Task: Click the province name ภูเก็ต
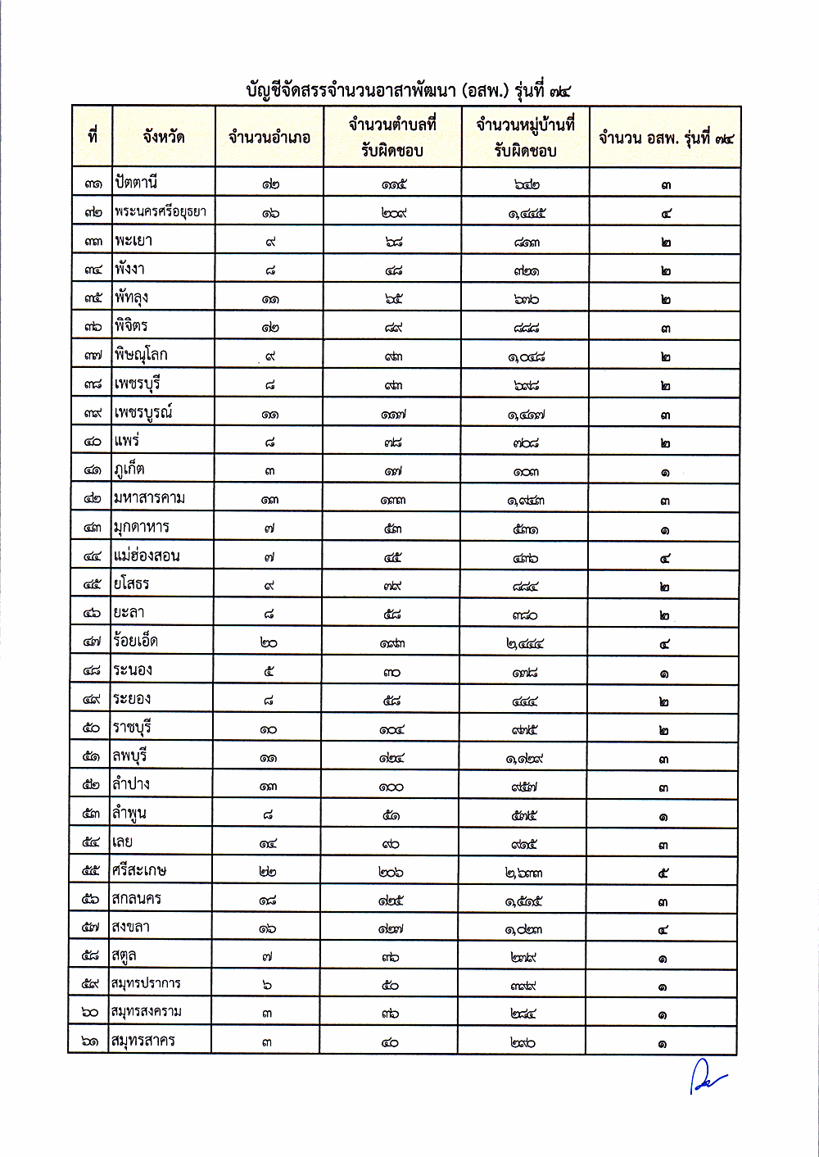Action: pyautogui.click(x=129, y=470)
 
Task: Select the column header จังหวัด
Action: pyautogui.click(x=163, y=137)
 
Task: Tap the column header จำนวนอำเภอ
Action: pyautogui.click(x=269, y=138)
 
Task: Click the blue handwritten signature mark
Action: pyautogui.click(x=706, y=1075)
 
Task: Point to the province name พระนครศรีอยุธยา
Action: pyautogui.click(x=160, y=211)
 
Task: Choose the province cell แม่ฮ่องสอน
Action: pyautogui.click(x=147, y=556)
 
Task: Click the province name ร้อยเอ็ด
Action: pyautogui.click(x=135, y=642)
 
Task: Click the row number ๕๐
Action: pyautogui.click(x=91, y=728)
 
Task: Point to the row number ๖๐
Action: pyautogui.click(x=90, y=1013)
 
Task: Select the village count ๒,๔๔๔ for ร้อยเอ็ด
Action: pyautogui.click(x=525, y=644)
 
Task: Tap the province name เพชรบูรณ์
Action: pyautogui.click(x=143, y=412)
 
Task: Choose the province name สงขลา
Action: pyautogui.click(x=130, y=927)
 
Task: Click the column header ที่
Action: pyautogui.click(x=93, y=136)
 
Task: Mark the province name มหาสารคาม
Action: pyautogui.click(x=149, y=498)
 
